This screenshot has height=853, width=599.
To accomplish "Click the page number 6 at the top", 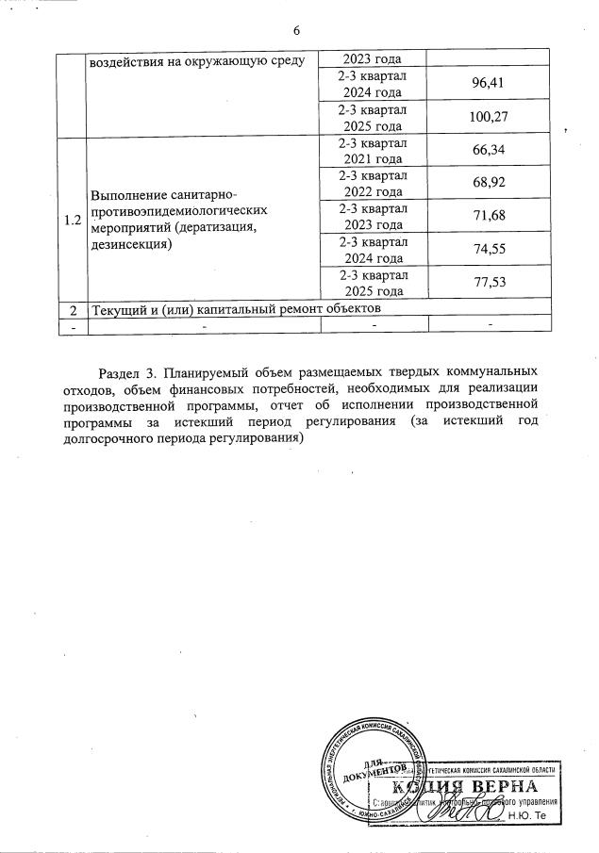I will (297, 31).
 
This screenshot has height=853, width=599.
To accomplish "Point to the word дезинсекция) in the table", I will (131, 244).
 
